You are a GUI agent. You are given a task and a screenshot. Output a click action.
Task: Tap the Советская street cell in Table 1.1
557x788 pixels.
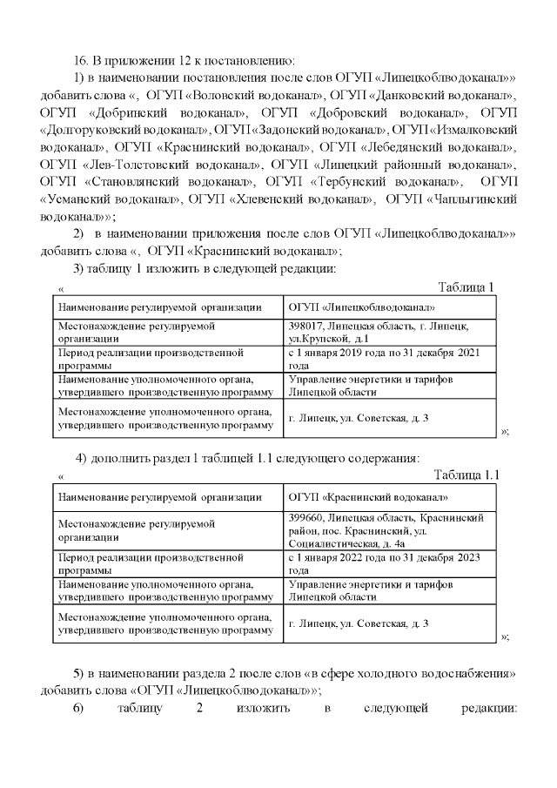[x=359, y=624]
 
